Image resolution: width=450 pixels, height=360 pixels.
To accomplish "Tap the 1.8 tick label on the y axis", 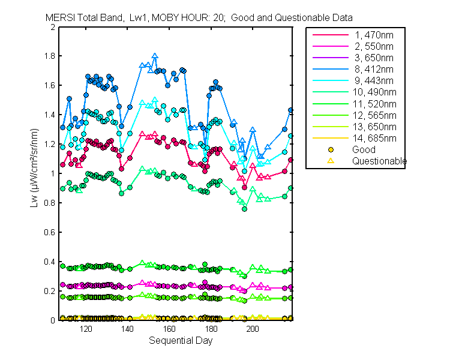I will (x=50, y=56).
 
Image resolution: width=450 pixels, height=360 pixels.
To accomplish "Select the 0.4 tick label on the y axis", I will (x=50, y=262).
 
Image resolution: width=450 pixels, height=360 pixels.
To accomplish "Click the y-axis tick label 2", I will (x=53, y=27).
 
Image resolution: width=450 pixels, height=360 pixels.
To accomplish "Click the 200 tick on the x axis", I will (x=253, y=329).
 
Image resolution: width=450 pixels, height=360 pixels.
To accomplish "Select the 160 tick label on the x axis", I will (x=169, y=329).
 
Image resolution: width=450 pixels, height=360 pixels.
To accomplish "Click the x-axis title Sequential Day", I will (x=176, y=341).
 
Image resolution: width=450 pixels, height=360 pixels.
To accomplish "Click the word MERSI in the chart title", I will (x=59, y=17).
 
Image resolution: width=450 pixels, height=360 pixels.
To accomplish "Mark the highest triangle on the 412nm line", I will (x=155, y=56).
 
